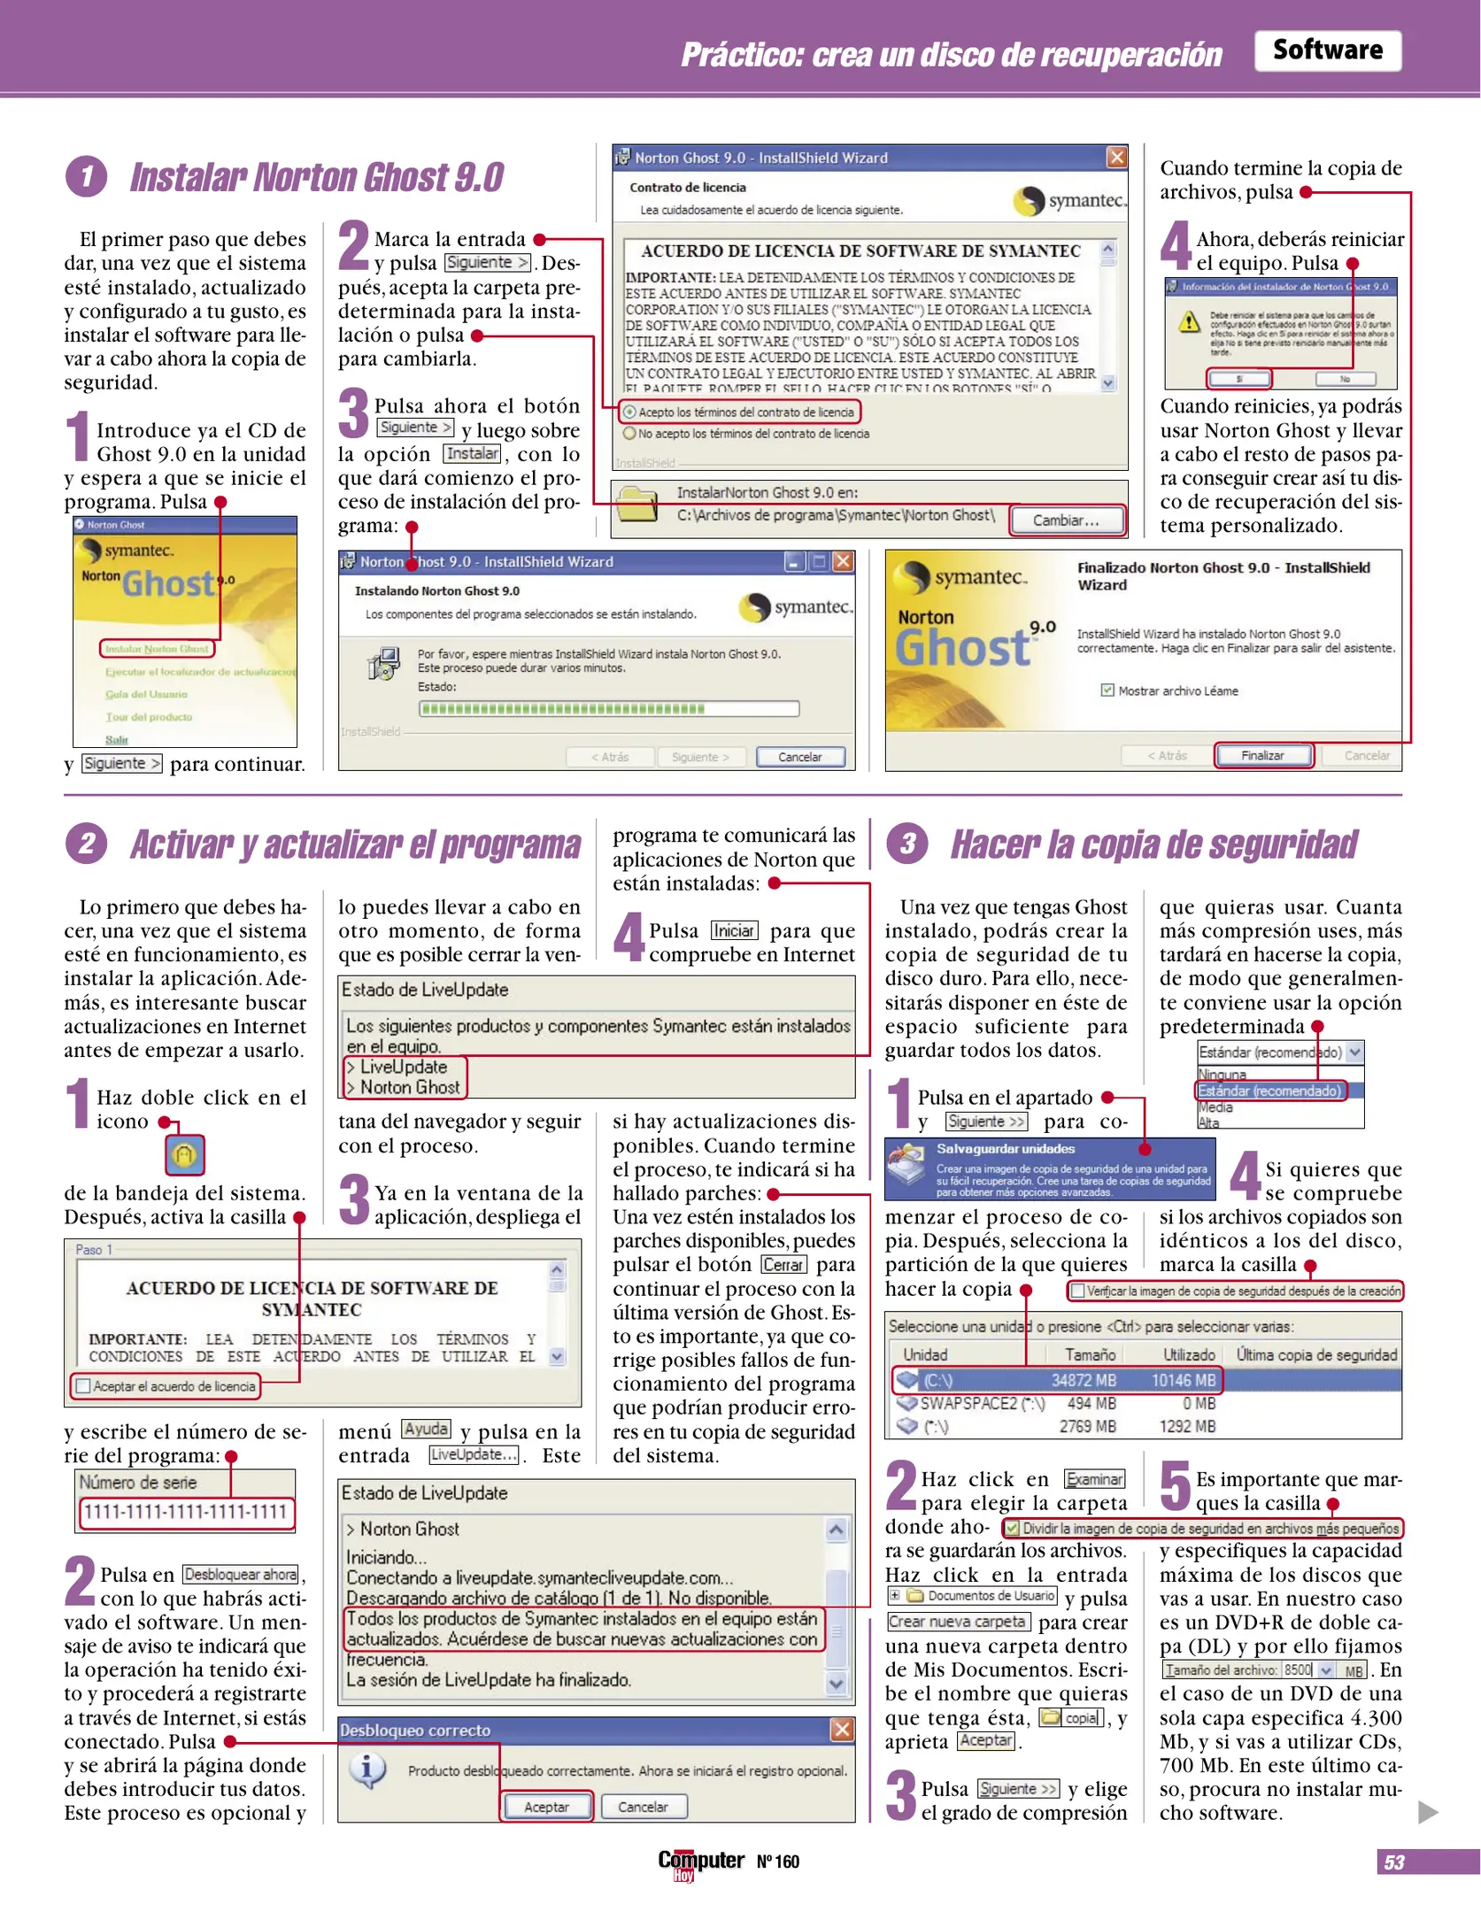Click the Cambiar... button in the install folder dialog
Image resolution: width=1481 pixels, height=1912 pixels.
click(1066, 520)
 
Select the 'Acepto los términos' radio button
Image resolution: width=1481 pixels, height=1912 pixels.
click(629, 412)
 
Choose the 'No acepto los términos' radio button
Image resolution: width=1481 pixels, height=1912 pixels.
click(629, 434)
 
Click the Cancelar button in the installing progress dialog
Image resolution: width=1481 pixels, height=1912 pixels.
click(799, 757)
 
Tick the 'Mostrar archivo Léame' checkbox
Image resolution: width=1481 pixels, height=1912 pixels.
click(1107, 690)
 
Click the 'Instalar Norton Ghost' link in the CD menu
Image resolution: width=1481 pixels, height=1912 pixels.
click(157, 649)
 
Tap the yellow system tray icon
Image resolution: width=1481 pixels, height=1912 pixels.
click(184, 1155)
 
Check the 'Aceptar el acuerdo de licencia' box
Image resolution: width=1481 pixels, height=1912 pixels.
click(84, 1386)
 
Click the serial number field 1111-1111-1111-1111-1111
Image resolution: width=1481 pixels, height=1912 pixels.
click(185, 1512)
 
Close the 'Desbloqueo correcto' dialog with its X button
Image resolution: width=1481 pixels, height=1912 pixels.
click(842, 1730)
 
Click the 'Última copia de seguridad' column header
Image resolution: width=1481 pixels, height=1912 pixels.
click(1315, 1354)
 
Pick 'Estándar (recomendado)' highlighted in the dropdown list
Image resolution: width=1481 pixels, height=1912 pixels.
click(1269, 1091)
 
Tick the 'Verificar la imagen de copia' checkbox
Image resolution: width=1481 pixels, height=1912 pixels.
click(1077, 1291)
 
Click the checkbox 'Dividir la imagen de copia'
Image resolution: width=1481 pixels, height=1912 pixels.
click(1012, 1528)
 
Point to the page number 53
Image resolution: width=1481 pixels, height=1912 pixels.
click(1393, 1862)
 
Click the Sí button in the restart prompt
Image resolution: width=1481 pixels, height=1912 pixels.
click(1238, 379)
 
